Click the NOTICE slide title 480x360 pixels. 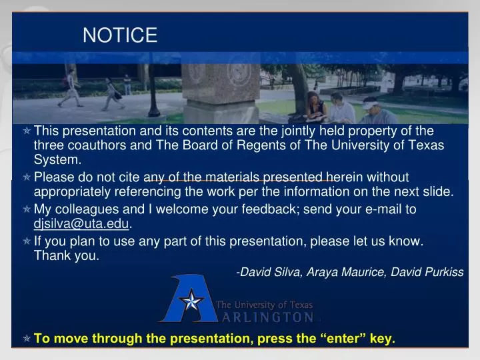coord(120,35)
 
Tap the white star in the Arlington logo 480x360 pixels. coord(191,301)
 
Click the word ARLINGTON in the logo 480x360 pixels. coord(265,317)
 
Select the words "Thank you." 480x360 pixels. coord(67,256)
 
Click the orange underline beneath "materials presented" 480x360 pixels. coord(240,181)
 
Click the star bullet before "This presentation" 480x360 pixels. coord(27,131)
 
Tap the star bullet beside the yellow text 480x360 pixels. coord(27,339)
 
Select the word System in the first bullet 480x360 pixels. coord(57,160)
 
